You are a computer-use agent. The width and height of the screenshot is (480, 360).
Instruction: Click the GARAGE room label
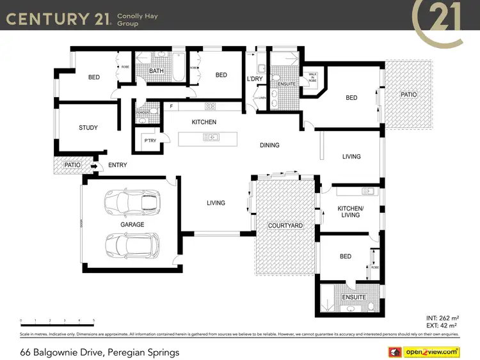132,224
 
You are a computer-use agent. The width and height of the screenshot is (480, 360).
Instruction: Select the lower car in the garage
132,245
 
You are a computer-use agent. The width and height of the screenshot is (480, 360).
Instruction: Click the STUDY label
88,128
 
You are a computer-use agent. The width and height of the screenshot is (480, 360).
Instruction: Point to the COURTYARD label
285,226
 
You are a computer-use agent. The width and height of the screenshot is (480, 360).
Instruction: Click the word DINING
269,145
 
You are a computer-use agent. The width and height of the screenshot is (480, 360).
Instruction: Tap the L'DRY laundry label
255,79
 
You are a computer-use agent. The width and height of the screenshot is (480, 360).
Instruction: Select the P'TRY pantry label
150,141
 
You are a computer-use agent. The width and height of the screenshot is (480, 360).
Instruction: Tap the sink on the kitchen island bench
211,137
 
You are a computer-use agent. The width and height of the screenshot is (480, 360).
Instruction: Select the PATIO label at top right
408,95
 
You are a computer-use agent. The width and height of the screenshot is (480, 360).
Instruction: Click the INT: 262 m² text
442,317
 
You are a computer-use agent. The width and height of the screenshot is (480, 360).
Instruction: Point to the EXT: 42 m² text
442,325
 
